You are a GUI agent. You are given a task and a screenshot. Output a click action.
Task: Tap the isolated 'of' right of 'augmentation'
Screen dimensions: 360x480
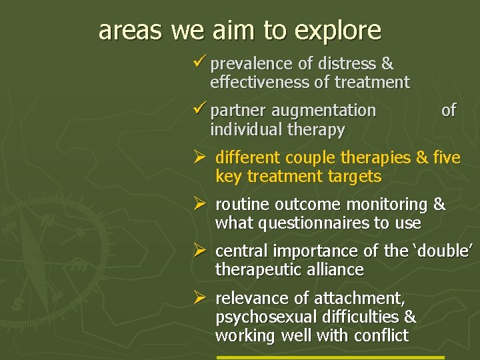449,111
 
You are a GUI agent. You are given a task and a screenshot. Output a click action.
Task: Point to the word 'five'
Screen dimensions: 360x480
446,157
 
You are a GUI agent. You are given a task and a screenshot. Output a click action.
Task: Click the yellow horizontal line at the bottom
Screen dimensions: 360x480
330,357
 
